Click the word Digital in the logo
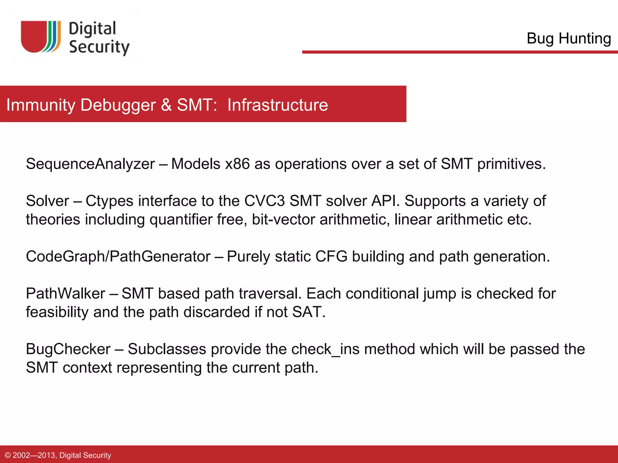92,29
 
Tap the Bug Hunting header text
569,38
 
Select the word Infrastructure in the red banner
278,105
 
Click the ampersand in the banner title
166,105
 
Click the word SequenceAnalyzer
90,164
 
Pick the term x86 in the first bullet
237,164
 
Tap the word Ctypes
109,201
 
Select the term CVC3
264,201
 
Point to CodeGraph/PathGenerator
118,257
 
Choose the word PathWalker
65,294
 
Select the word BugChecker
68,349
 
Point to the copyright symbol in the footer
8,455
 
